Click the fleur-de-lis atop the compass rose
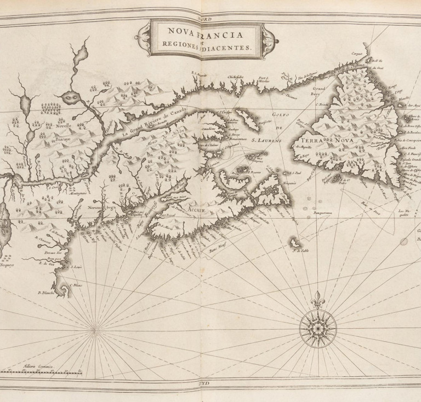point(317,301)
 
